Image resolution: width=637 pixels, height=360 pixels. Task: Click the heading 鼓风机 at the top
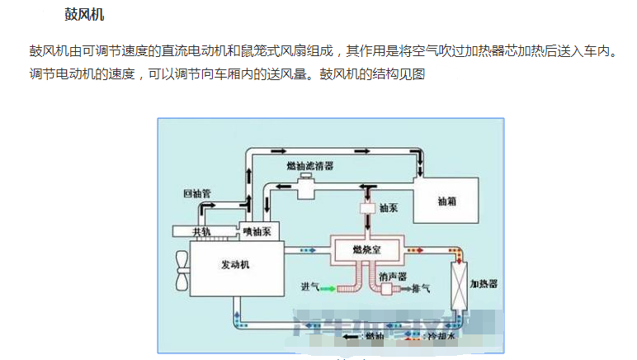(x=84, y=15)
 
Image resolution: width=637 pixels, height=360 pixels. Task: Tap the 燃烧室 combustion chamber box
(x=365, y=248)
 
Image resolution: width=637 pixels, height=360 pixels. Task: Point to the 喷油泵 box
(x=259, y=230)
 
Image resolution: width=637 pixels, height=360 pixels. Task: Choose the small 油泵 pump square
(x=365, y=210)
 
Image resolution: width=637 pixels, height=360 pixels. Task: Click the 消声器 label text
(x=392, y=277)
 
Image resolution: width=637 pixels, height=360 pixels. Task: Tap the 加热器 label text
(x=484, y=283)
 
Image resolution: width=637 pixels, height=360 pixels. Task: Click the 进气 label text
(x=309, y=288)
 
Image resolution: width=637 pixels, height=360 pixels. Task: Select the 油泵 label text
(x=389, y=209)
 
